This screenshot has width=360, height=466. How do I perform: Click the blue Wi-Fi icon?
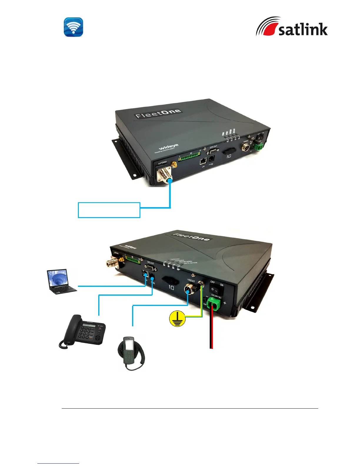(74, 27)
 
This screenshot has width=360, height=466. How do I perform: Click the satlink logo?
(291, 27)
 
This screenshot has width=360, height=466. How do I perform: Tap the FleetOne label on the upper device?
(158, 114)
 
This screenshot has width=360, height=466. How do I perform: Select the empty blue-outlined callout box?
(109, 210)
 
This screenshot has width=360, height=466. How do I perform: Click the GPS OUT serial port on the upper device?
(212, 152)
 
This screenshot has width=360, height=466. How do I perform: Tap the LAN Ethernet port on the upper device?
(203, 162)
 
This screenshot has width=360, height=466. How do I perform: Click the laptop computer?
(61, 282)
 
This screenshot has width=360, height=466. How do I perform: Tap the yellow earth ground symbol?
(177, 319)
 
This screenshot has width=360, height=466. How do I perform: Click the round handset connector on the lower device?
(188, 289)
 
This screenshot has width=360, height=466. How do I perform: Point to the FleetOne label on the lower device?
(191, 237)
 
